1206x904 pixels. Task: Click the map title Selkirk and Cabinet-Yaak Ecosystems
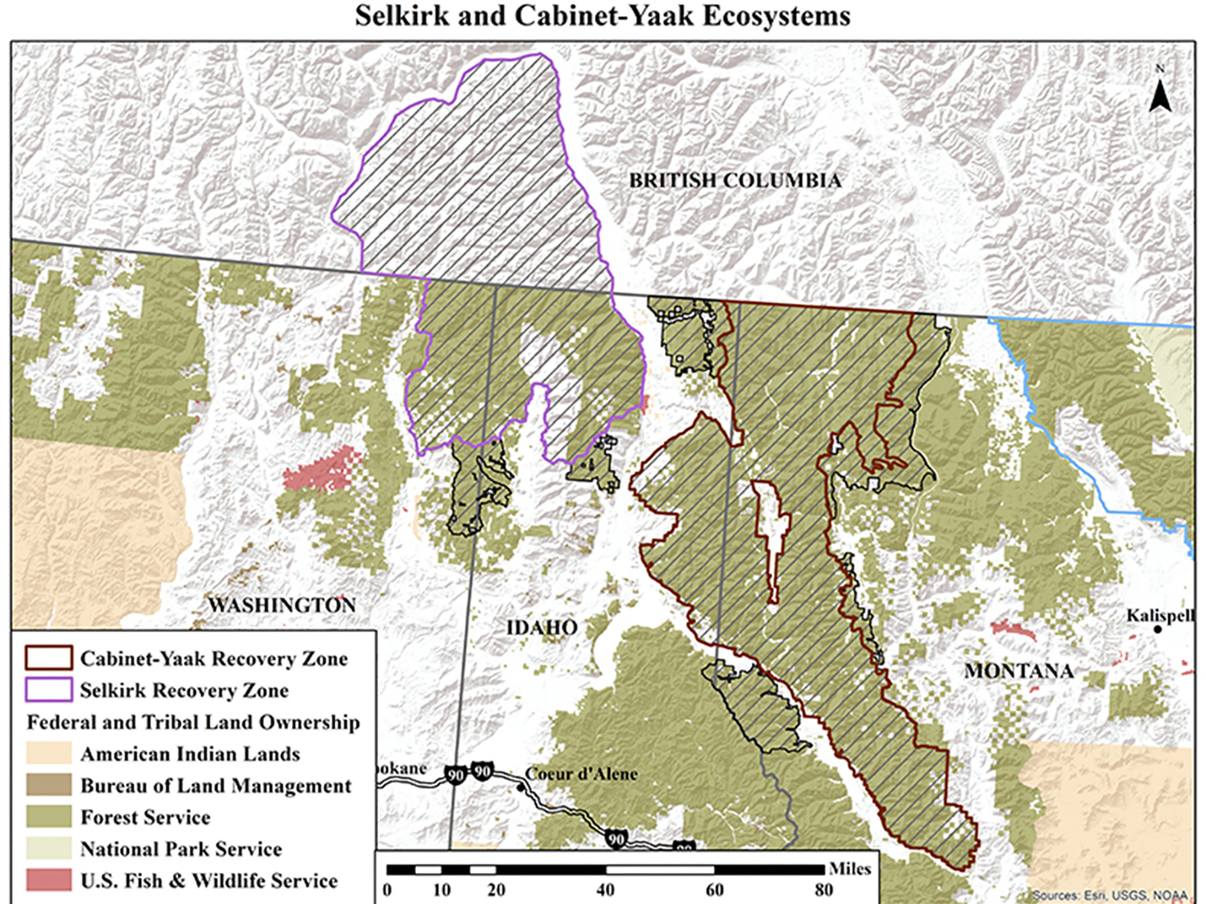coord(602,16)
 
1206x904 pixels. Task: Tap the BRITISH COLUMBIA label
coord(734,181)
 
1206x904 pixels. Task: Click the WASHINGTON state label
coord(281,605)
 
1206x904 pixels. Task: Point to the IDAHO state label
coord(542,628)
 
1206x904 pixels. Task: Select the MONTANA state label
coord(1018,670)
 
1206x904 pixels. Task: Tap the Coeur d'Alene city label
coord(581,774)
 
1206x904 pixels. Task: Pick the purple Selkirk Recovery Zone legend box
coord(48,690)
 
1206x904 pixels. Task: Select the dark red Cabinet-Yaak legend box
coord(48,658)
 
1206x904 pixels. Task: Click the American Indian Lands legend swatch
coord(48,753)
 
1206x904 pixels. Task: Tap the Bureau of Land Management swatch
coord(48,785)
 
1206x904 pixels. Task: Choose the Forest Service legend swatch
coord(48,817)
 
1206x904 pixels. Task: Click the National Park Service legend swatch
coord(48,848)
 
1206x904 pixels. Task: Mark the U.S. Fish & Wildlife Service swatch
coord(48,880)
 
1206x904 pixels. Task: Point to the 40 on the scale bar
coord(605,890)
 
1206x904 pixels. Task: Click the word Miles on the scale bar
coord(849,869)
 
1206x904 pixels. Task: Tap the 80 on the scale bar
coord(823,890)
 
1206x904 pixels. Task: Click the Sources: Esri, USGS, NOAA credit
coord(1109,895)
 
